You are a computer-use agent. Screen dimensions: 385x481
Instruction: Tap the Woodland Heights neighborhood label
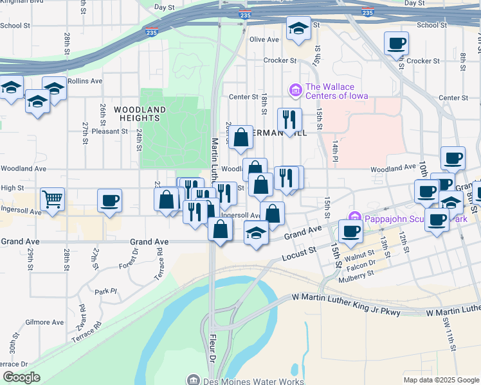coord(140,114)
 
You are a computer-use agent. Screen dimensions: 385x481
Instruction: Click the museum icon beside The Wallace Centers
coord(296,90)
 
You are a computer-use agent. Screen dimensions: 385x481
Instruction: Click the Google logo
coord(21,377)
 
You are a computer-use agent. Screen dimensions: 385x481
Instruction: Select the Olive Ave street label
coord(264,39)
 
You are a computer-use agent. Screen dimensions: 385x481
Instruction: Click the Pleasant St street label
coord(110,131)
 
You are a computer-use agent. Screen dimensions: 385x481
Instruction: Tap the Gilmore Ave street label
coord(44,322)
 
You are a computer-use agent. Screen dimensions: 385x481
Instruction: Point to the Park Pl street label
coord(106,291)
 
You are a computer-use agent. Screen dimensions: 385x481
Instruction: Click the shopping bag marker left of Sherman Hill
coord(240,137)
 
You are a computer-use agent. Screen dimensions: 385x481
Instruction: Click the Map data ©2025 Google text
coord(442,380)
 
